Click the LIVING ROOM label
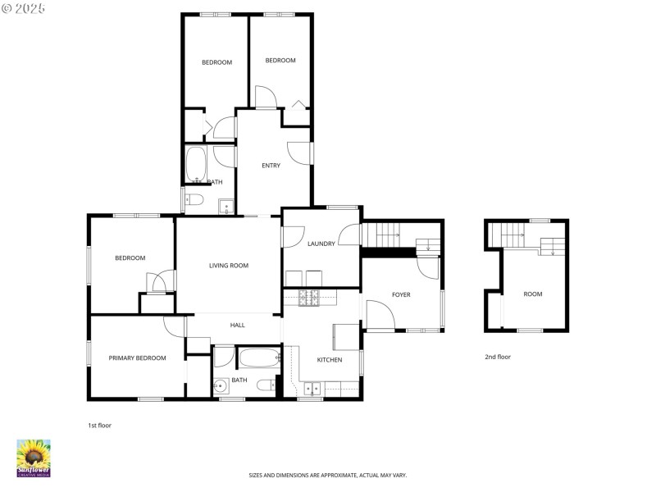228,266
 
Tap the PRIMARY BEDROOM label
138,358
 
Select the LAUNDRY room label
322,244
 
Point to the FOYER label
401,295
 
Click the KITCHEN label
330,360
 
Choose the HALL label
237,326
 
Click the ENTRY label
271,166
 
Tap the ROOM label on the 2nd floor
533,294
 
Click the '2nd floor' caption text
497,357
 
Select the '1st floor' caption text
99,426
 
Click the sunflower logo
34,458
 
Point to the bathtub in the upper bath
195,164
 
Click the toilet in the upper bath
194,199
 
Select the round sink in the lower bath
220,386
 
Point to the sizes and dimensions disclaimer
328,476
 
